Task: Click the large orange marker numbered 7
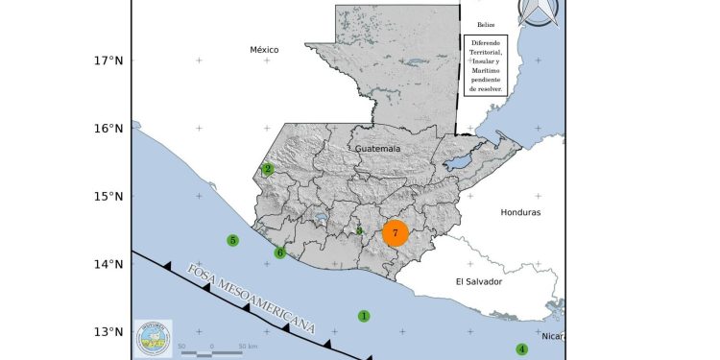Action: [x=396, y=233]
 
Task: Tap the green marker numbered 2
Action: [x=268, y=169]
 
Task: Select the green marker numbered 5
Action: [x=232, y=240]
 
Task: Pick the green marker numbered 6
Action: [x=280, y=253]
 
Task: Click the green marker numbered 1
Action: [x=364, y=316]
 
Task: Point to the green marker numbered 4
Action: [x=522, y=349]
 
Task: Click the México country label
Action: [x=263, y=49]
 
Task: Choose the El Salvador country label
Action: [x=479, y=281]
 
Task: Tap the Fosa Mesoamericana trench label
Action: [x=251, y=297]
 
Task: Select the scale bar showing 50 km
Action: [x=213, y=351]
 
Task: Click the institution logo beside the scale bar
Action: [x=154, y=338]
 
